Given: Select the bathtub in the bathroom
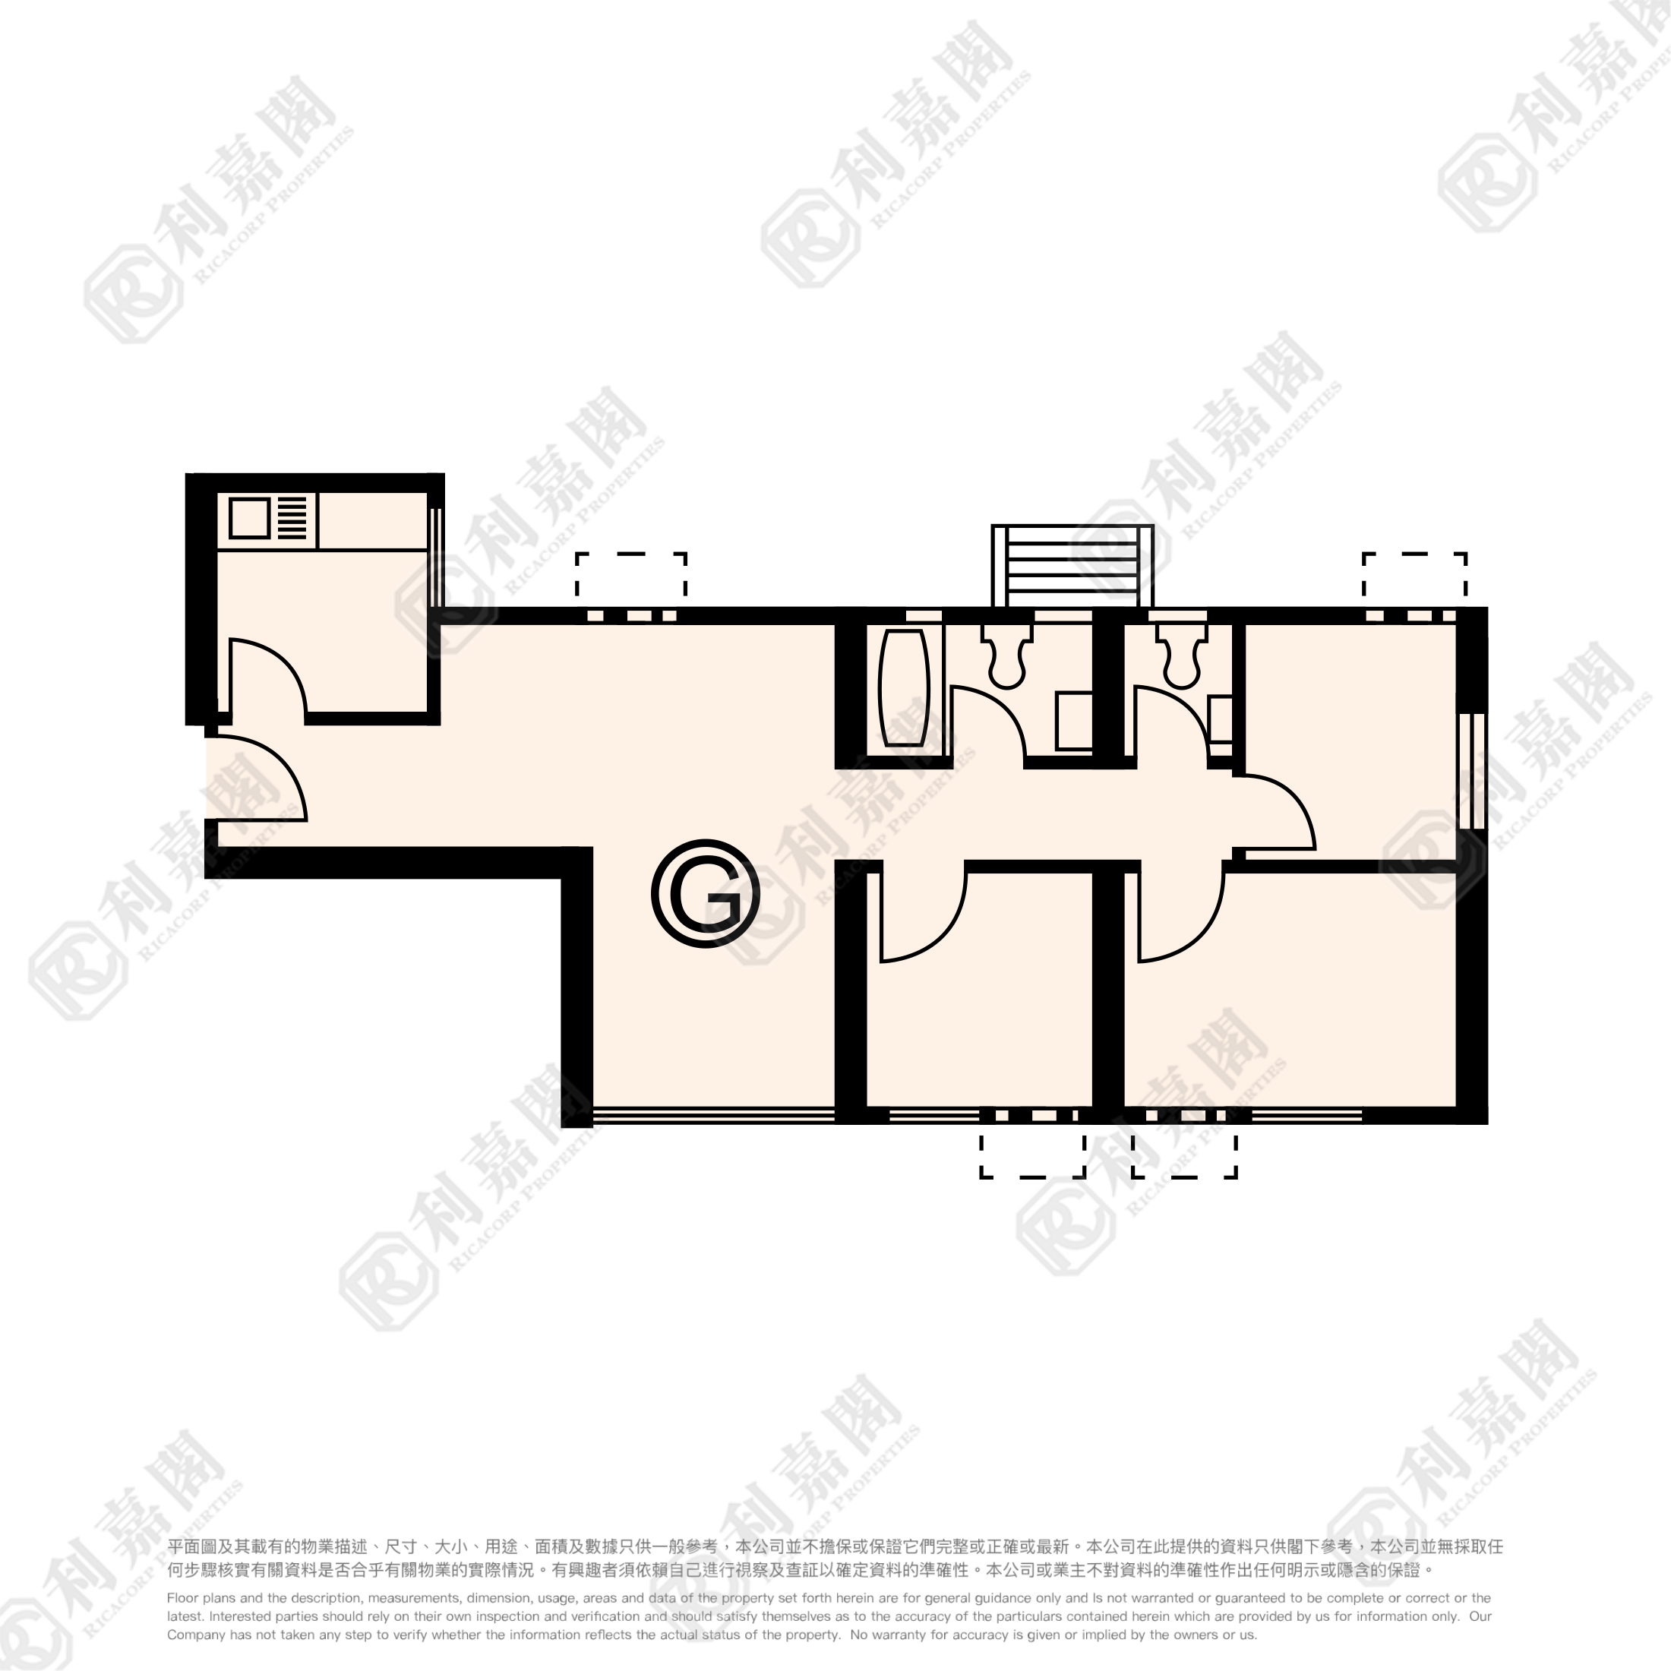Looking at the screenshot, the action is pos(904,687).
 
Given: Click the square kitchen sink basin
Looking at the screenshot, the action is pos(250,518).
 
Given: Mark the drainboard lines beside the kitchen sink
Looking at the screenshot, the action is pos(292,518).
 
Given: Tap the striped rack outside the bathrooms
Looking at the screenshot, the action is pos(1072,566).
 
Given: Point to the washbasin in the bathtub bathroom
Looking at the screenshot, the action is pos(1074,721).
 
